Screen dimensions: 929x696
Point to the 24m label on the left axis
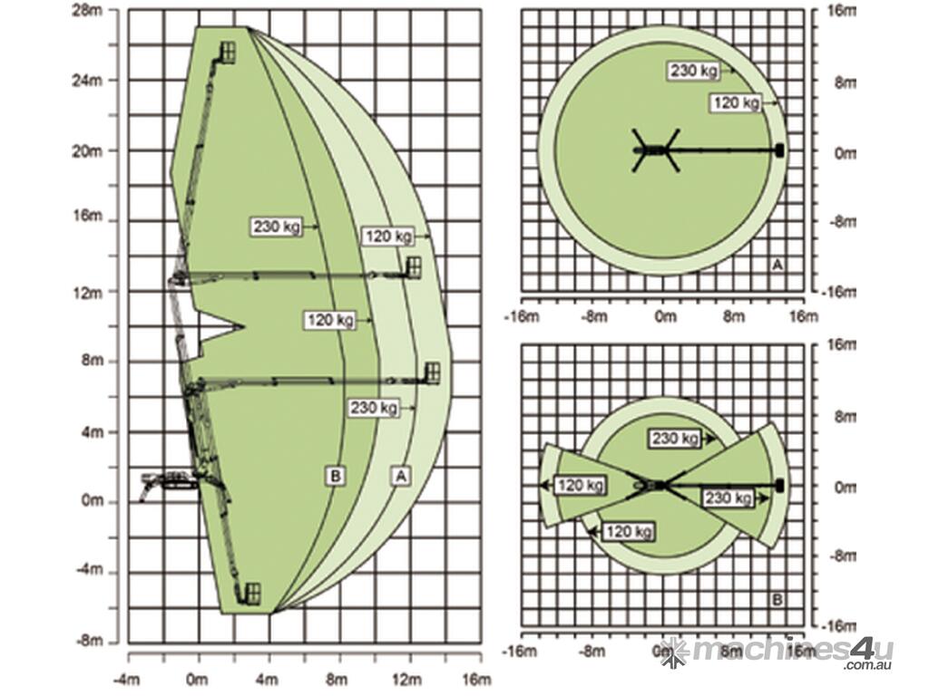pos(87,80)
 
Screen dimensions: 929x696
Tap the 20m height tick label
pos(87,151)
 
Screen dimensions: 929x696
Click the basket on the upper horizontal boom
pos(413,267)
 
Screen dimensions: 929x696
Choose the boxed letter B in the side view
pos(336,475)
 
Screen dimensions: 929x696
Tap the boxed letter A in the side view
pos(401,475)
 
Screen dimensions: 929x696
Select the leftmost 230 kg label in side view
pos(277,227)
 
